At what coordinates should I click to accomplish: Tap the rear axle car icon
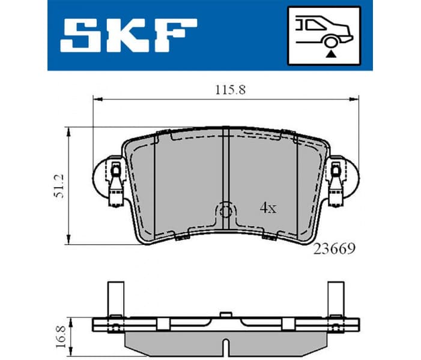[x=324, y=35]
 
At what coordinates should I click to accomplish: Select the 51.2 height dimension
[x=58, y=186]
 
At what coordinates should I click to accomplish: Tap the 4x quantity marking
[x=267, y=208]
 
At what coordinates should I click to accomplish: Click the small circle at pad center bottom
[x=226, y=211]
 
